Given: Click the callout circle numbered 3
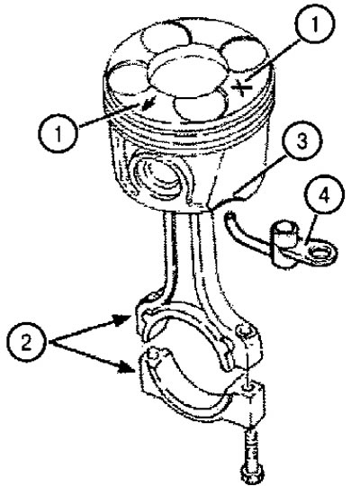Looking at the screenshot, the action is (x=301, y=141).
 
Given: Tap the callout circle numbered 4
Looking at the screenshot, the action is (x=324, y=194).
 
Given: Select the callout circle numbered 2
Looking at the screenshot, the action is (x=27, y=342).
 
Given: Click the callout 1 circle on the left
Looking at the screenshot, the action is (x=58, y=133).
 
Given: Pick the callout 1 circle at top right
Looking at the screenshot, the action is (x=315, y=24).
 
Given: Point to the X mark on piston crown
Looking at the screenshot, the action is (x=242, y=87).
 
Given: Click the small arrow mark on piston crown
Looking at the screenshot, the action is (x=148, y=103).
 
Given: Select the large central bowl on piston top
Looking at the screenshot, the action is (x=187, y=76).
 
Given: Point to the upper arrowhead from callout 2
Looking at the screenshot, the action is (x=122, y=319).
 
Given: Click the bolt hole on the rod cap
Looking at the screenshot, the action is (x=248, y=387).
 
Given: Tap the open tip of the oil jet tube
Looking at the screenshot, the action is (x=229, y=215).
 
